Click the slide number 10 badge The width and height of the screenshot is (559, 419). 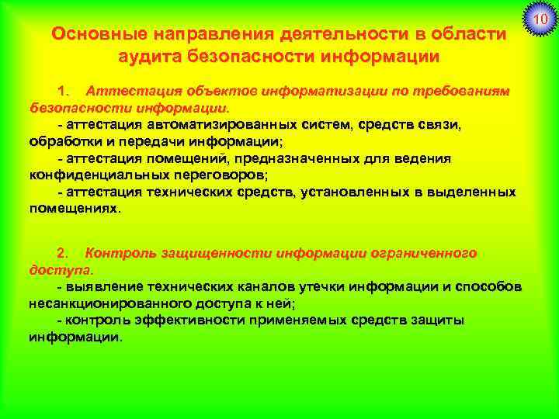538,18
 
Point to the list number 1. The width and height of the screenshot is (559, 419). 64,91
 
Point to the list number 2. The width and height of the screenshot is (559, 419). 64,253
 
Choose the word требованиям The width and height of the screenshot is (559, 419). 465,91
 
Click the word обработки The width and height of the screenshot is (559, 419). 62,140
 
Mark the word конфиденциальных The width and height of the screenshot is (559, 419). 86,175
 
